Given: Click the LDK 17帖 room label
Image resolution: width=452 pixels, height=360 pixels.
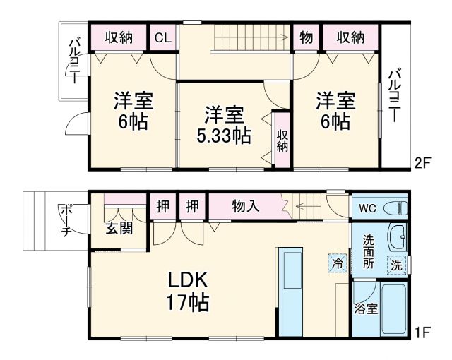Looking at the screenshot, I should pos(187,290).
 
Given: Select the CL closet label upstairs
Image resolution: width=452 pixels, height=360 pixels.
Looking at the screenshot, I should pos(162,38).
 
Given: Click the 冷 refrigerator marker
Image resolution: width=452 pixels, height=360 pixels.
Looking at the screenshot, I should pos(338,263).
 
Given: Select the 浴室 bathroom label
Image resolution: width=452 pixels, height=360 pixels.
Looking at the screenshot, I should pos(365,308).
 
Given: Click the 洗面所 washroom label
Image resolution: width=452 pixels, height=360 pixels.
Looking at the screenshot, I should pos(368,251).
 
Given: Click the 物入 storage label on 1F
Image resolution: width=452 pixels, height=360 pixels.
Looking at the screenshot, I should pos(246,207).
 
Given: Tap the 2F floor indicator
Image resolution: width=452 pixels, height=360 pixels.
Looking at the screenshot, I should pos(422,164).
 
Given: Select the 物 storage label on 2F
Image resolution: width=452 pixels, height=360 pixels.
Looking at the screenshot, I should pos(306,38).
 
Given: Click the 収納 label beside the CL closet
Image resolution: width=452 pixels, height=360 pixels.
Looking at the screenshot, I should pos(119,38).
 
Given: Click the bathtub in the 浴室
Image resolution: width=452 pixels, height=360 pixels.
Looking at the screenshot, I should pos(394,309).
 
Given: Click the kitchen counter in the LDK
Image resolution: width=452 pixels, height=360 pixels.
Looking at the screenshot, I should pos(289,290).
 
